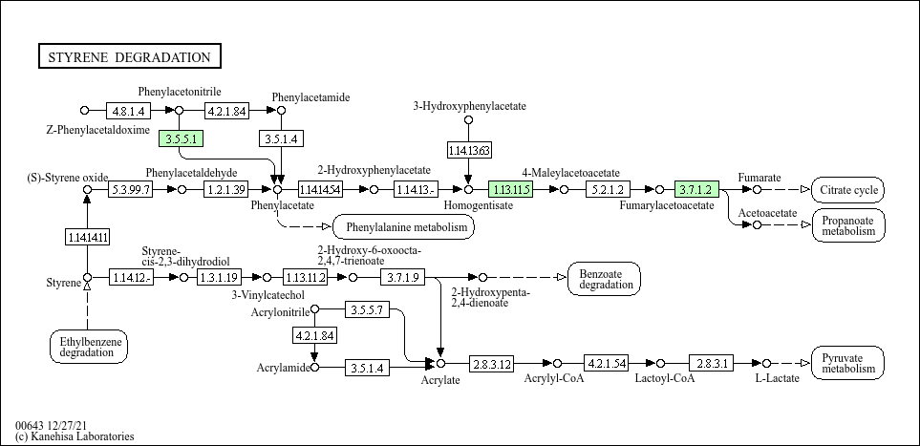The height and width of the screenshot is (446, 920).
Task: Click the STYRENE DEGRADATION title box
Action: tap(130, 57)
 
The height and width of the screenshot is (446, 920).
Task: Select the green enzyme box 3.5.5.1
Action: tap(182, 139)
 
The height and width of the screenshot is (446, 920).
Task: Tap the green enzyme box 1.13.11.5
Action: tap(510, 189)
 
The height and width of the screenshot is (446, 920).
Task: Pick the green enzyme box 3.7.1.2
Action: tap(695, 189)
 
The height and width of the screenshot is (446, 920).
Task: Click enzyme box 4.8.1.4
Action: tap(127, 111)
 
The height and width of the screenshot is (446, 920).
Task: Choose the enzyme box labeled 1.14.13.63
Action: tap(469, 150)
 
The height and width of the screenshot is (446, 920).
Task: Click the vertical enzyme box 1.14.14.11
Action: tap(87, 237)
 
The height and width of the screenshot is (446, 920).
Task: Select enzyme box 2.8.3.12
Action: tap(491, 364)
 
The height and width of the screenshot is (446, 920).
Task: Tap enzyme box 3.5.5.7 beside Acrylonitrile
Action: tap(367, 309)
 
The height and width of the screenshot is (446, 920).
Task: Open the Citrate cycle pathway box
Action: tap(847, 190)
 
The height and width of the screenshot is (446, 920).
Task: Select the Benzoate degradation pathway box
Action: tap(604, 279)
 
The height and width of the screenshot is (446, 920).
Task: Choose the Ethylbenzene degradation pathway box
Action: tap(88, 346)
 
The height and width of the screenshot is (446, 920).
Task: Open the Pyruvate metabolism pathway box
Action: tap(847, 363)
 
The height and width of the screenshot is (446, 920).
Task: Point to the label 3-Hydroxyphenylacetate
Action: tap(469, 105)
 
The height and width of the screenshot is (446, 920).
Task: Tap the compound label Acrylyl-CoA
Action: tap(553, 378)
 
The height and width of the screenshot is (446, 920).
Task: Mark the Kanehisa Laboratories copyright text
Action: tap(75, 436)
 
